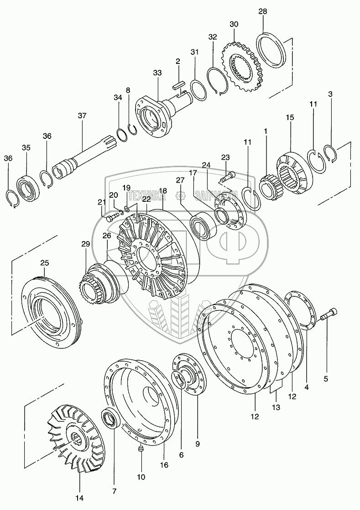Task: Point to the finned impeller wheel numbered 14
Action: click(78, 438)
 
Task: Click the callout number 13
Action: click(275, 406)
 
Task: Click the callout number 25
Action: click(44, 263)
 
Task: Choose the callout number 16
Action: click(164, 465)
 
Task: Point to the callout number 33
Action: click(157, 73)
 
